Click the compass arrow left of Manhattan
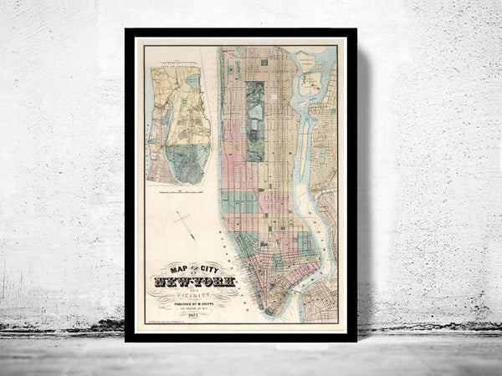[184, 224]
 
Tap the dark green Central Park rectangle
[255, 121]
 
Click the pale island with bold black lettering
[312, 81]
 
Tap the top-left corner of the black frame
[127, 31]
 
